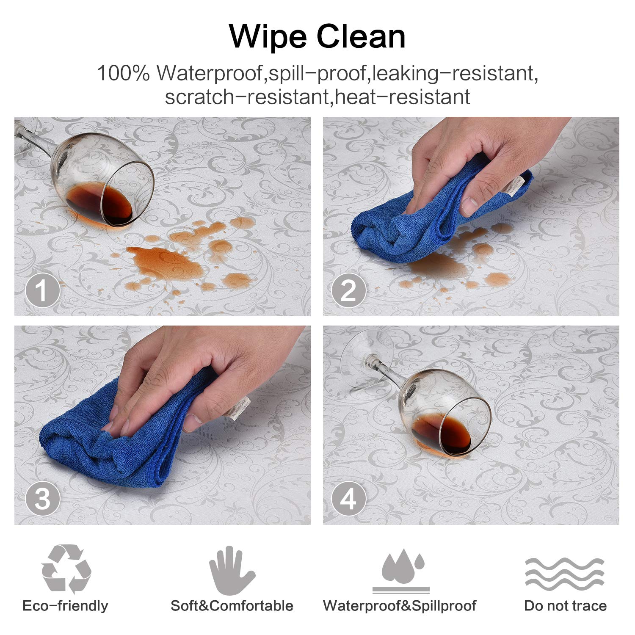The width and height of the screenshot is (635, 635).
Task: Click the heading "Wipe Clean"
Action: point(317,37)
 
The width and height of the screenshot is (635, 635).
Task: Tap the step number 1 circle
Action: point(42,290)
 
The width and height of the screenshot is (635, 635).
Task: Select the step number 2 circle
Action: point(348,290)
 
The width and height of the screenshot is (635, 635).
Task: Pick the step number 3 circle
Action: point(42,499)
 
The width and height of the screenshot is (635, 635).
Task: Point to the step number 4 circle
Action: point(348,499)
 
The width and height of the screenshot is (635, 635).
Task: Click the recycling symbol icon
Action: point(66,569)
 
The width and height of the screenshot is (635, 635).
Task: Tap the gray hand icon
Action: point(232,571)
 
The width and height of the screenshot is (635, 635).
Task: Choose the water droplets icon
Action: point(401,571)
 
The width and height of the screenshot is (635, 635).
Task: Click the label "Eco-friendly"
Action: point(65,606)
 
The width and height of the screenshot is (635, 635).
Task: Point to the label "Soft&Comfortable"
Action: point(232,606)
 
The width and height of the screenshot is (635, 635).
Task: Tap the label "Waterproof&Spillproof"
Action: point(400,606)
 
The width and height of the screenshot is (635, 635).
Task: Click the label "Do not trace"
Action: point(565,606)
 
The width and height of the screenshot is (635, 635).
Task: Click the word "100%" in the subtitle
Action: point(124,73)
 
